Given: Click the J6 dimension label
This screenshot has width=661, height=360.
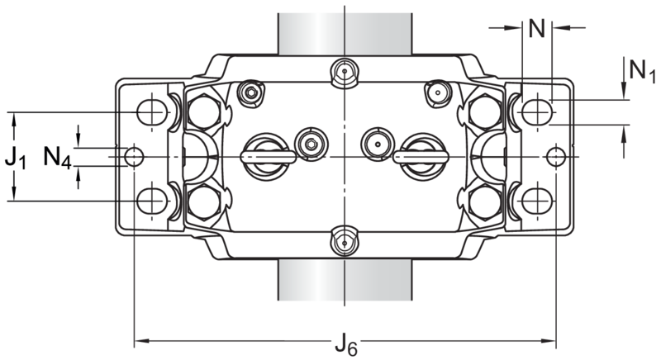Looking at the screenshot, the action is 346,343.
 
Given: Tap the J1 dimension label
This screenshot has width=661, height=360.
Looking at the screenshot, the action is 15,160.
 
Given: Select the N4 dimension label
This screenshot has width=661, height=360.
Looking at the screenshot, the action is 57,158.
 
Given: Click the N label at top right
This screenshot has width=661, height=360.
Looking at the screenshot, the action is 536,29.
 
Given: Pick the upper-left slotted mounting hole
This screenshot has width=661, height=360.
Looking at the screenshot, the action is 152,112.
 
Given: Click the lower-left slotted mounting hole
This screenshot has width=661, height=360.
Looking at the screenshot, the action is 152,201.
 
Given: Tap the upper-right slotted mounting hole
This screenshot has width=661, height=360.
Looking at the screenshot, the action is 537,112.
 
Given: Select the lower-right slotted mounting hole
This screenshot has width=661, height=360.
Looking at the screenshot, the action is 537,201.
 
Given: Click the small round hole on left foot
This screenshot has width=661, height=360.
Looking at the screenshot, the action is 134,157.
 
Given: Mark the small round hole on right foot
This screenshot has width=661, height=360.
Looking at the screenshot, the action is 555,157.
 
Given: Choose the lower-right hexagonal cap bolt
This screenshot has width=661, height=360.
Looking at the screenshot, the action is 485,202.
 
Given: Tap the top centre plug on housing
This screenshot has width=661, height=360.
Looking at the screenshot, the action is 345,72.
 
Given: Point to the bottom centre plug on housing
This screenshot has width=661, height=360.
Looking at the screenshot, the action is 345,242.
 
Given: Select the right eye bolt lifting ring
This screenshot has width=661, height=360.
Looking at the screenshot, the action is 421,157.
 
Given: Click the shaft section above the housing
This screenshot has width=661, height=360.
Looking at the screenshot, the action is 345,34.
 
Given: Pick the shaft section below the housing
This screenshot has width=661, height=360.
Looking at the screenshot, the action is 345,280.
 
